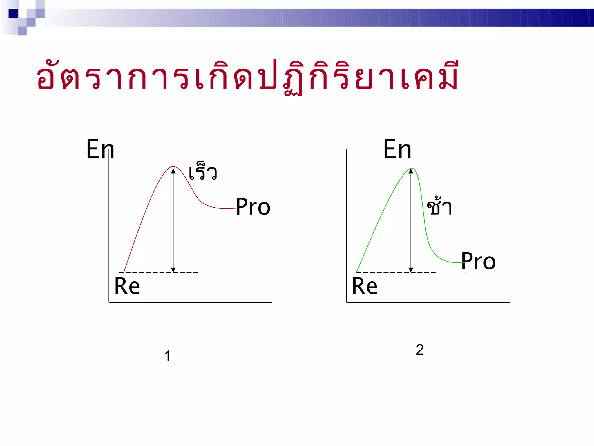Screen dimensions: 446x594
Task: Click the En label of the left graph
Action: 100,149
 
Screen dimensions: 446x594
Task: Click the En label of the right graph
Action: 397,149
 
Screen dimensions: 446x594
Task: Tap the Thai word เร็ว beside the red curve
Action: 203,172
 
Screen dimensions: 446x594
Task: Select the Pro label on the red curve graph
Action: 253,207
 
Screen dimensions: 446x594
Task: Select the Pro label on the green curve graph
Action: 478,261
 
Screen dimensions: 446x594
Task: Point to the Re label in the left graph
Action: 127,286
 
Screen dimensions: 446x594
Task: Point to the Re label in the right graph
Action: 365,286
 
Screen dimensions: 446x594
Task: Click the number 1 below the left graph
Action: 167,356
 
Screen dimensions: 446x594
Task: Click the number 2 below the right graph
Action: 420,350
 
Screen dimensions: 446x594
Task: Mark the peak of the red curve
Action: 173,167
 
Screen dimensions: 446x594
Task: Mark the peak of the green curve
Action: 411,168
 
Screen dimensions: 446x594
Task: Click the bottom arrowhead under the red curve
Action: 173,270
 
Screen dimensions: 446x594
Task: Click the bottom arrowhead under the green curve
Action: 411,270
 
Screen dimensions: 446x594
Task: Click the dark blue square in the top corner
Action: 13,13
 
